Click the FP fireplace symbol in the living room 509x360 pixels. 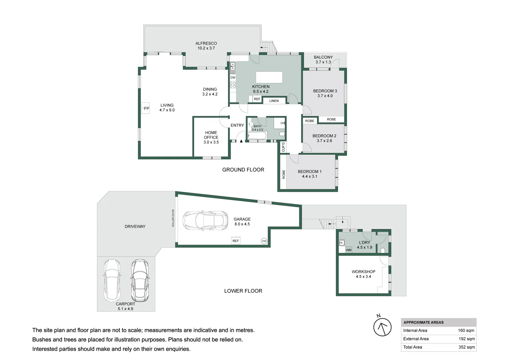tap(145, 108)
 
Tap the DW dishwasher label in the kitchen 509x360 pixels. tap(233, 77)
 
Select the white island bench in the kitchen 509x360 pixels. tap(269, 77)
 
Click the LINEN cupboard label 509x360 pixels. tap(274, 101)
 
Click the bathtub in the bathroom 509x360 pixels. tap(257, 136)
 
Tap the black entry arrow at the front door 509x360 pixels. tap(241, 141)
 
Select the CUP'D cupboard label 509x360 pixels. tap(283, 147)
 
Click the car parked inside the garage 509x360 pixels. tap(205, 220)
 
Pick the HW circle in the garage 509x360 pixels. tap(264, 241)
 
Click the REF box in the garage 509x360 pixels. tap(236, 241)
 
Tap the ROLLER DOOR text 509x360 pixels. tap(173, 218)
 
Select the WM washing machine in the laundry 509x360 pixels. tap(349, 250)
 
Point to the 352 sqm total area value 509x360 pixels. tap(467, 347)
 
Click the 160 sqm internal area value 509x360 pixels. tap(466, 330)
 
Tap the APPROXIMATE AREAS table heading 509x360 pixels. tap(424, 322)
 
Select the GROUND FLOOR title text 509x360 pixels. tap(243, 170)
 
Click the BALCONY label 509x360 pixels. tap(323, 57)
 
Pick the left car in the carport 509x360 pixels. tap(112, 280)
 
